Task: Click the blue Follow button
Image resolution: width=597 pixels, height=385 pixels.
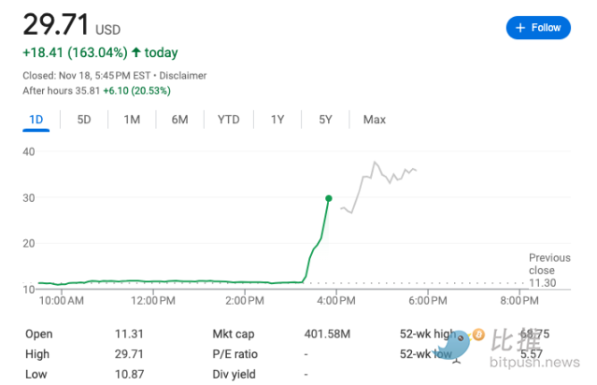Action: tap(537, 28)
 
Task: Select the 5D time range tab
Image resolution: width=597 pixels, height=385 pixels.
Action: tap(84, 120)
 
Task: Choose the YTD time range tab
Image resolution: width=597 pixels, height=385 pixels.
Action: tap(228, 120)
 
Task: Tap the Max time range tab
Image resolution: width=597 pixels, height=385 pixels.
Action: tap(375, 120)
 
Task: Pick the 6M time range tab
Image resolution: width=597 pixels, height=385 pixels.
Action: tap(179, 120)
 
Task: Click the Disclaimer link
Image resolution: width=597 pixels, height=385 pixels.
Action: tap(183, 75)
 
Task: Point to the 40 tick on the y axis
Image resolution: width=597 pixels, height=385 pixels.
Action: tap(28, 151)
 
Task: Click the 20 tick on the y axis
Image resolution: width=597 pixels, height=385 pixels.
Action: tap(28, 243)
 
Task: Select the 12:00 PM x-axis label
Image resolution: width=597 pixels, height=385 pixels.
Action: tap(153, 301)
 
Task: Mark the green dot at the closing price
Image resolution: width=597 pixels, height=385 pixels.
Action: tap(328, 198)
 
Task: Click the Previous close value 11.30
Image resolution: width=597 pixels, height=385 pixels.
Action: tap(543, 283)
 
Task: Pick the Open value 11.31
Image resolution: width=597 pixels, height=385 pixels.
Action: tap(127, 334)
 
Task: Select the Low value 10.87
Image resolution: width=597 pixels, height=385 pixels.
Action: tap(128, 374)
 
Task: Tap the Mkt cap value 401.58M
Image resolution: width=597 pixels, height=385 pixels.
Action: tap(327, 334)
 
